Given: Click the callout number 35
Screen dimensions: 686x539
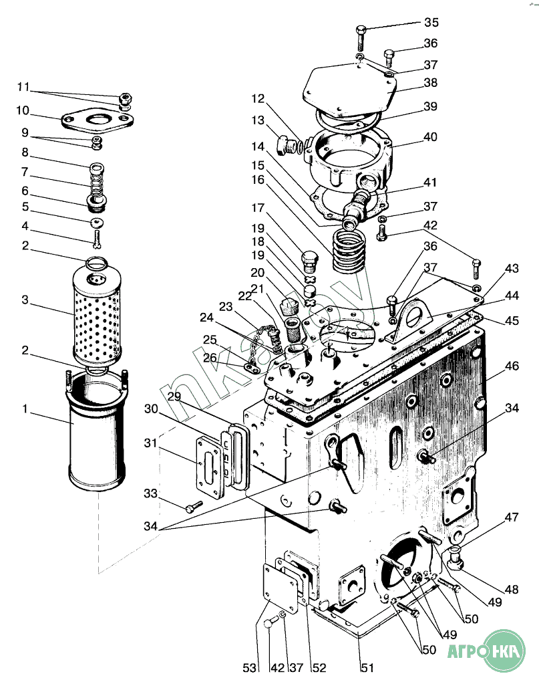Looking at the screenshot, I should point(431,23).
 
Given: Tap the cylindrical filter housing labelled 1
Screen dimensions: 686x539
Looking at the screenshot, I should point(98,435).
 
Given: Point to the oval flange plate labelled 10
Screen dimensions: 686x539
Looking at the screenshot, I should point(98,120).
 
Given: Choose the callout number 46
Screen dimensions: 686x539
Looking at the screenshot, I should point(512,366).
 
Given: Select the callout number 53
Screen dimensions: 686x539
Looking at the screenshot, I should point(249,667).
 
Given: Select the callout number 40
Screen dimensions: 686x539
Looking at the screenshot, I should point(431,138).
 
